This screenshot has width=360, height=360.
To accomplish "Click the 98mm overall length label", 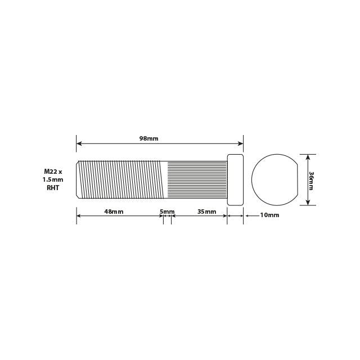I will point(149,138).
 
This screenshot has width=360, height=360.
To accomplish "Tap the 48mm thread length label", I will point(114,211).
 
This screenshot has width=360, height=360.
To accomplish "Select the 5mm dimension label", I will point(167,211).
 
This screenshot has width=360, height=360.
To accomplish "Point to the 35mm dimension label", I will point(206,211).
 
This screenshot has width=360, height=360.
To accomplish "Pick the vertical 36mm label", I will point(312,180).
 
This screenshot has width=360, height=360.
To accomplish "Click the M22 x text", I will point(53,171).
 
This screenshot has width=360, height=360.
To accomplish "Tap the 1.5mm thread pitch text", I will point(53,179).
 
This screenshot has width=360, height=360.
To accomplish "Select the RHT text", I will point(53,188).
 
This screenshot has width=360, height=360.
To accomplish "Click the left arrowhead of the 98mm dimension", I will point(79,143).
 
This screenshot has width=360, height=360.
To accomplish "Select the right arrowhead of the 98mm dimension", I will point(241,143).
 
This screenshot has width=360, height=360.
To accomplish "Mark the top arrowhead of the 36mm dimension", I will point(308,156).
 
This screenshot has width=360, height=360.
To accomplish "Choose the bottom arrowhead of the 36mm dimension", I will point(308,204).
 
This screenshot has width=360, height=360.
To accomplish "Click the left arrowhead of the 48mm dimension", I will point(79,215).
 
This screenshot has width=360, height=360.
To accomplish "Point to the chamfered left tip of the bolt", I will point(78,180).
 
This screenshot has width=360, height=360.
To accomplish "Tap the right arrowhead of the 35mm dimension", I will point(224,215).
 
